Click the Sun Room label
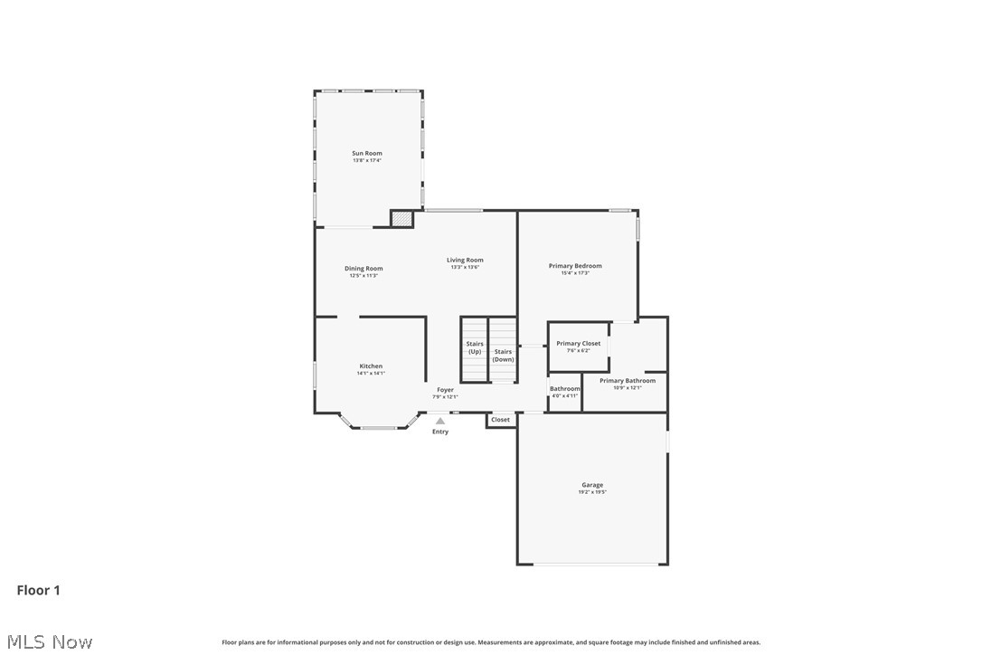(x=367, y=154)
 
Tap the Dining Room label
(x=364, y=269)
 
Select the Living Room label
(x=465, y=261)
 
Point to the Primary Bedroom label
(x=575, y=266)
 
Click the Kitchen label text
(x=371, y=366)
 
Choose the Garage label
(x=592, y=485)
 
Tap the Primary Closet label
(x=578, y=344)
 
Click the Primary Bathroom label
(x=628, y=381)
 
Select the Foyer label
(x=446, y=390)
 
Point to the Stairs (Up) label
(x=475, y=347)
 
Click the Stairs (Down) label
(x=503, y=355)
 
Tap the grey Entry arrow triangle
(x=440, y=421)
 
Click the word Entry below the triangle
(x=440, y=432)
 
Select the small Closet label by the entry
(x=500, y=420)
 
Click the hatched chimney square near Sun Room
(x=401, y=218)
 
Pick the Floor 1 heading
(x=39, y=591)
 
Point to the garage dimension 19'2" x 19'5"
(x=592, y=492)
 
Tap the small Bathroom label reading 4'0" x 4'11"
(x=565, y=395)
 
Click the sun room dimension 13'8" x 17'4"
(x=367, y=160)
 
